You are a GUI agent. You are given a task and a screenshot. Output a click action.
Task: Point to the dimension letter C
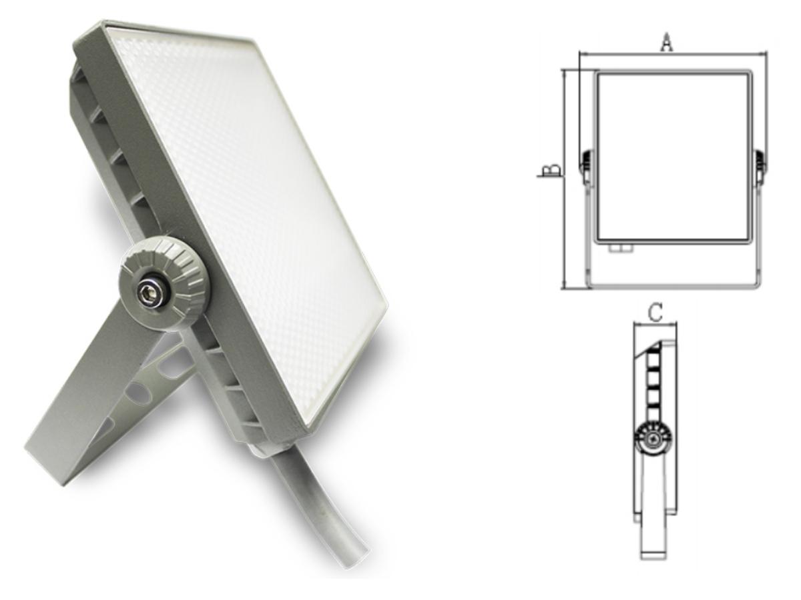click(x=655, y=312)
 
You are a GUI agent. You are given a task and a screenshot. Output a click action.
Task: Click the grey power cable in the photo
click(x=334, y=507)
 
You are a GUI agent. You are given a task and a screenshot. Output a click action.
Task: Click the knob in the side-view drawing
click(x=653, y=439)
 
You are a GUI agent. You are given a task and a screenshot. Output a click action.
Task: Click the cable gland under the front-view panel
click(x=621, y=248)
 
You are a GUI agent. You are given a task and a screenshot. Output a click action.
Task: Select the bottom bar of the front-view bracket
click(x=673, y=285)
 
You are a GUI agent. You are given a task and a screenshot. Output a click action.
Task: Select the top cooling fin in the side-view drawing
click(x=655, y=351)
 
